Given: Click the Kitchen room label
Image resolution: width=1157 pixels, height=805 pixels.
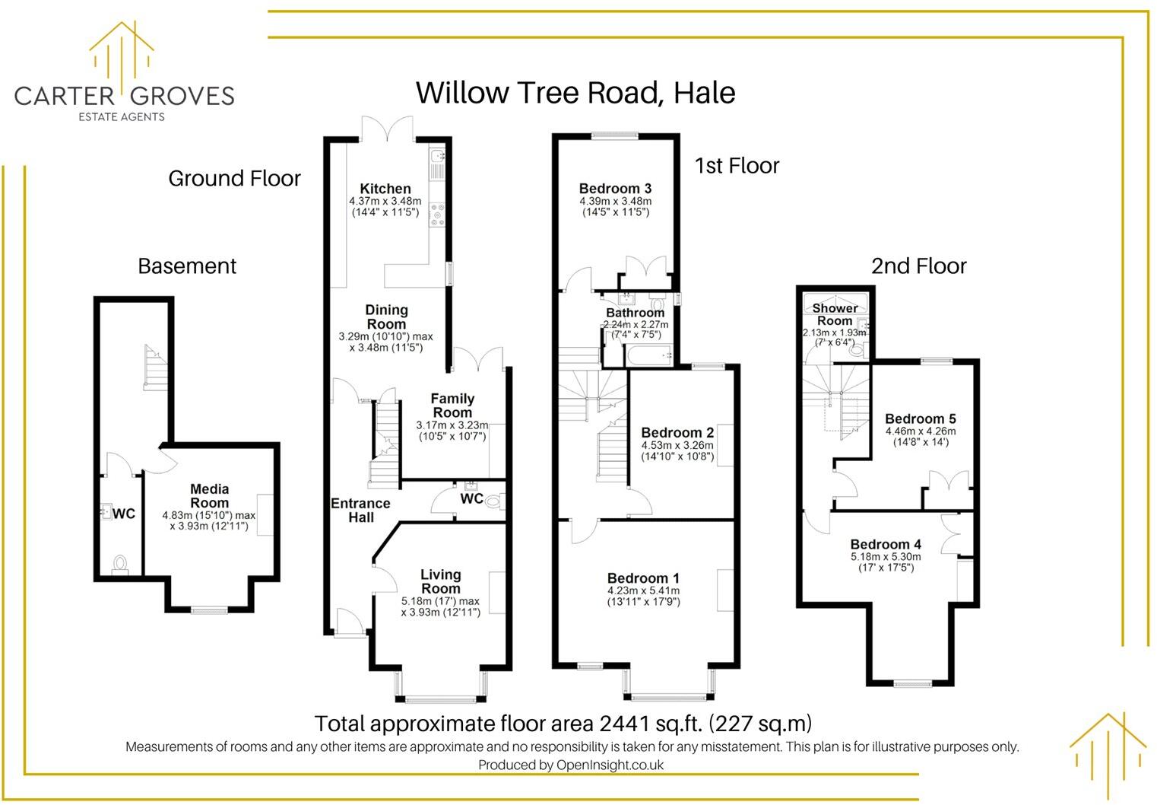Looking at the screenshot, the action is pos(385,189).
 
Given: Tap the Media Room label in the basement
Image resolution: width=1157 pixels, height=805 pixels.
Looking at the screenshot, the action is pos(209,496).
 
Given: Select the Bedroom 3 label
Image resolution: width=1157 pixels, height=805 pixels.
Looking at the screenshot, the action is pos(615,188).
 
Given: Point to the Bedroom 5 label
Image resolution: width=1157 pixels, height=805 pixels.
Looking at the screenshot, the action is pos(921,418).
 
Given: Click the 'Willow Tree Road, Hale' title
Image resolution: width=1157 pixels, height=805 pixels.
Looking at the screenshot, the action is pos(575,93).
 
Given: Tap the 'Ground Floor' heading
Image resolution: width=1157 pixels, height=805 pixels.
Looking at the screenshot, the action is pos(234,178).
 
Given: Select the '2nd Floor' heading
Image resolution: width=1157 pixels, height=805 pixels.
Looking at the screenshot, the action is pos(919,266).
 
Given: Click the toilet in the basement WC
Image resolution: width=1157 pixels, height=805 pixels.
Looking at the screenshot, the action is pos(120,564).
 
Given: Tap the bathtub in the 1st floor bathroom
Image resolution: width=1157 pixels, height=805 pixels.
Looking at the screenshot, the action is pos(648,356).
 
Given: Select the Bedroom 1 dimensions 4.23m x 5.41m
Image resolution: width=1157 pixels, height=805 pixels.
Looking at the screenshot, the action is pos(644,590).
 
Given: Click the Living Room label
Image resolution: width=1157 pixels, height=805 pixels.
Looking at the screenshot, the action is pos(441,581).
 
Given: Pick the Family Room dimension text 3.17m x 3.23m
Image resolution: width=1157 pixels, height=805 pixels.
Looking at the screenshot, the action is pos(452,425).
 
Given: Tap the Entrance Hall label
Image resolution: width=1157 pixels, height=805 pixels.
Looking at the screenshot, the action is pos(360,511).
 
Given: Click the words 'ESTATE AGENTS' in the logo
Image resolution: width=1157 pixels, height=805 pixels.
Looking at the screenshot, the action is pos(122,117).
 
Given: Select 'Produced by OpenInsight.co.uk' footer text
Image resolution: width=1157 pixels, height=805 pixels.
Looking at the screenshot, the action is pos(571,765).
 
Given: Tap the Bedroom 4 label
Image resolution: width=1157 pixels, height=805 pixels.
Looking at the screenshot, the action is pos(886,545).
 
